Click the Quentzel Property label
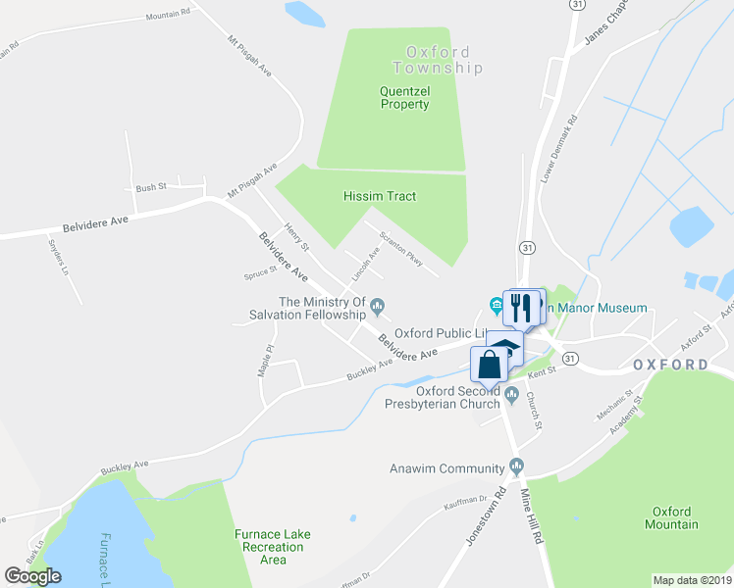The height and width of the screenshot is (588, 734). click(x=404, y=97)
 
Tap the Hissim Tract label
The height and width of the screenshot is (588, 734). click(x=380, y=196)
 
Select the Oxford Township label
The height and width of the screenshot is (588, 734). click(x=438, y=60)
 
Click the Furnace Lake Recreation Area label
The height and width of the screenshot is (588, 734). click(x=273, y=547)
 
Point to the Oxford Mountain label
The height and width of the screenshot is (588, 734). click(x=671, y=517)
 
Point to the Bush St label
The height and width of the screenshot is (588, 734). click(x=151, y=186)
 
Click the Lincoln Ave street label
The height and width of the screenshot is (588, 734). click(x=366, y=262)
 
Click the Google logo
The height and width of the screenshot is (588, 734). click(x=32, y=576)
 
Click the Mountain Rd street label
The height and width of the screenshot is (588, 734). click(x=168, y=15)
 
